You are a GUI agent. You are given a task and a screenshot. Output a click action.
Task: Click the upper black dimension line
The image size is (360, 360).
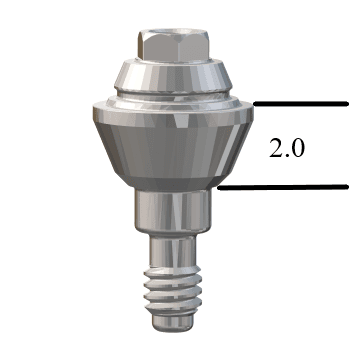[300, 103]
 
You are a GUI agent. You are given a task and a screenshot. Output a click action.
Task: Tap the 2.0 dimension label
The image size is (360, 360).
[287, 149]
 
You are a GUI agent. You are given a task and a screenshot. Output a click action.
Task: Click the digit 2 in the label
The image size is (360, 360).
[276, 149]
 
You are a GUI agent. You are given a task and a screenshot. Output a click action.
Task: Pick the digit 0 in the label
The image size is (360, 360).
[297, 149]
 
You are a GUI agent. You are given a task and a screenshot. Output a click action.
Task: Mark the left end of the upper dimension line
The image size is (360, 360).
[254, 103]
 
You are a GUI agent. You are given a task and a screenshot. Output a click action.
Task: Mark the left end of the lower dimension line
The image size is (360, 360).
[219, 187]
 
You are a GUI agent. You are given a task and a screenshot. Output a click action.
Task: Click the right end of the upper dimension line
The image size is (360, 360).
[346, 103]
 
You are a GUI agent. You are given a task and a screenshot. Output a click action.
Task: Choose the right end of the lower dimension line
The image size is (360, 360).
[346, 187]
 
